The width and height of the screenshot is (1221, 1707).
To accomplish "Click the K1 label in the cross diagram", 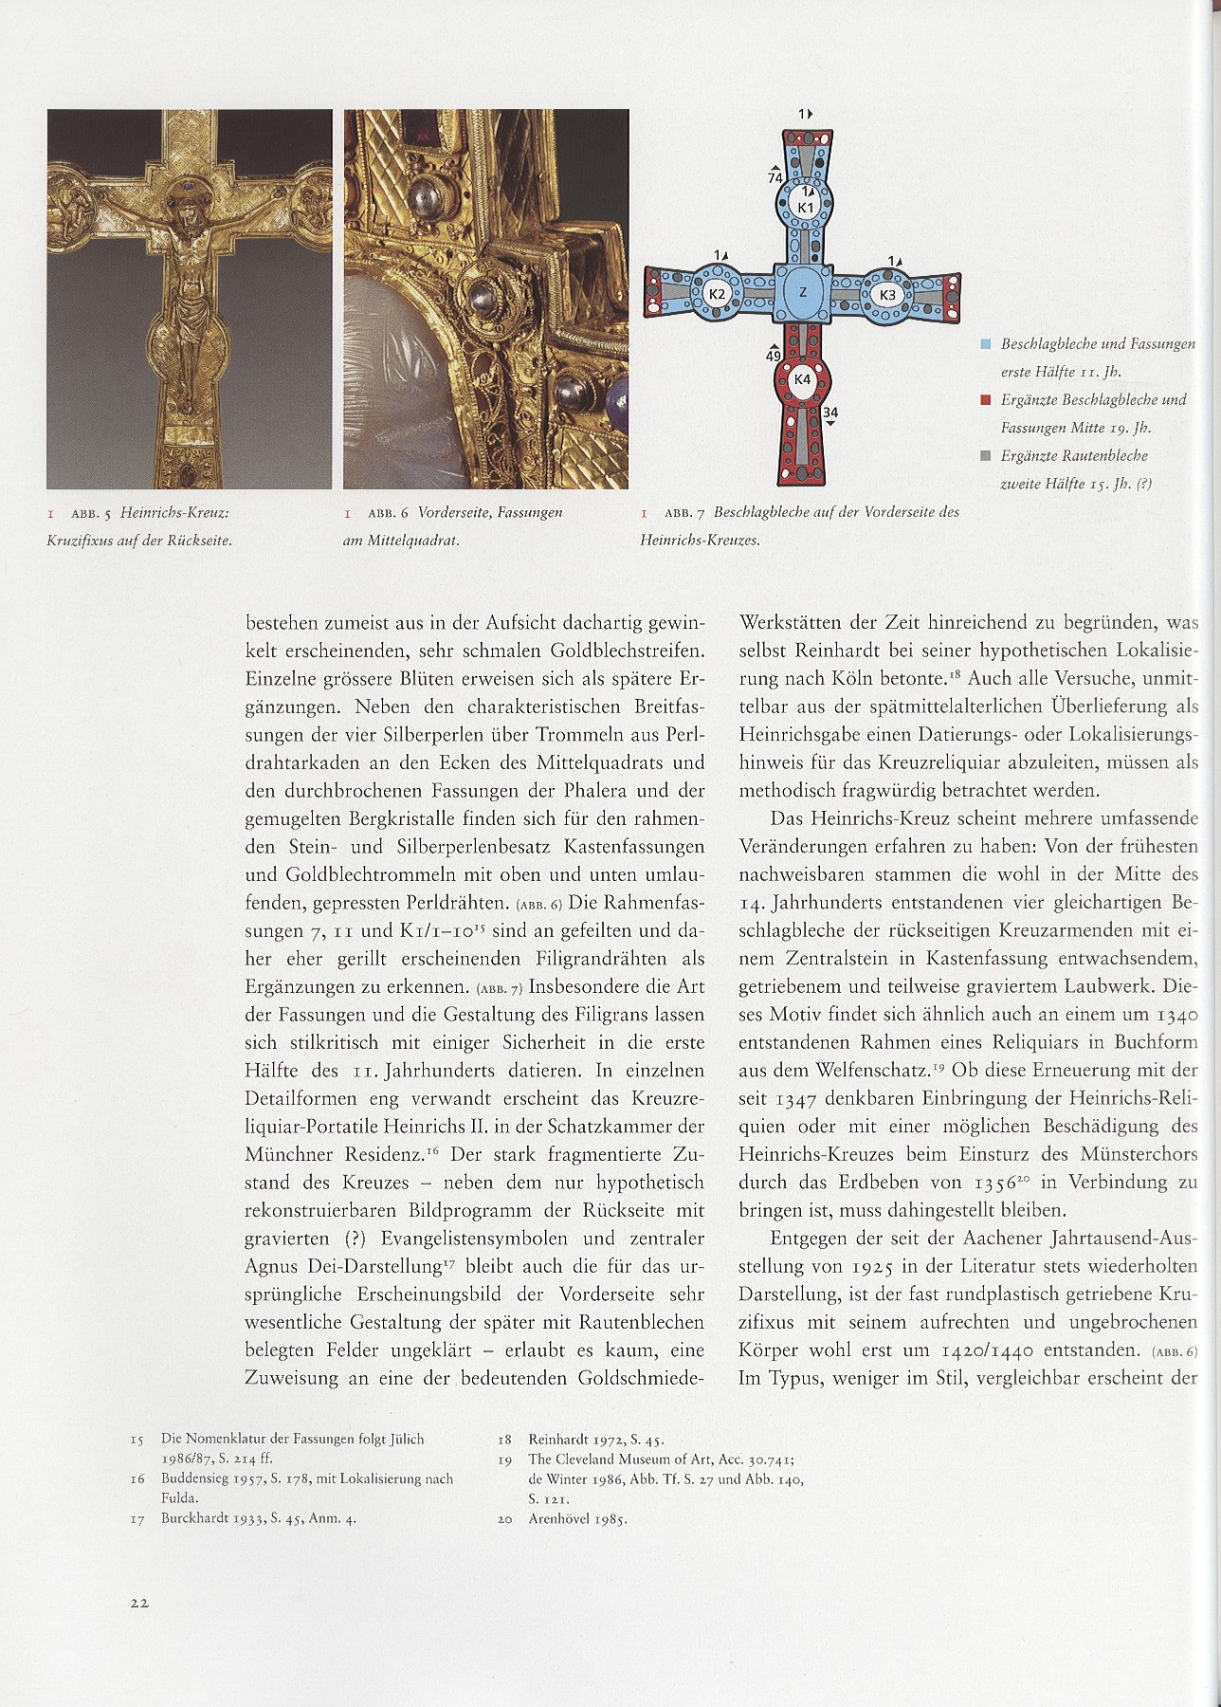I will pos(805,207).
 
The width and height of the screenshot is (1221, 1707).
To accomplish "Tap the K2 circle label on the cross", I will pos(718,294).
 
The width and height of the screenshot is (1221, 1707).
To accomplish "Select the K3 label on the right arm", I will pos(887,295).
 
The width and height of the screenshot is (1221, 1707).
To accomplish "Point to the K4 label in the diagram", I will pos(803,379).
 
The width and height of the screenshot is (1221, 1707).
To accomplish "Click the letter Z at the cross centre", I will pos(803,292).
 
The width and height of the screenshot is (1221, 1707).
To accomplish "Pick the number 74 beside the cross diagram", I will pos(775,177).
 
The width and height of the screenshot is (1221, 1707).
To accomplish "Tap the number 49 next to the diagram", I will pos(774,356).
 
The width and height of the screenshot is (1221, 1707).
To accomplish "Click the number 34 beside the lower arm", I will pos(829,413).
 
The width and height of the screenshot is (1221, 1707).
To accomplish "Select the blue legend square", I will pos(986,343).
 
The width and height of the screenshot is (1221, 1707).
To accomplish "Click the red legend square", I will pos(986,399).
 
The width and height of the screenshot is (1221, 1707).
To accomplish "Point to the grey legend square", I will pos(986,456).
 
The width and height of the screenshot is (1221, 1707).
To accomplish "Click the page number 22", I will pos(140,1602).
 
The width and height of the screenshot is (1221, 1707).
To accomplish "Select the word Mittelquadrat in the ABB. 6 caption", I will pos(407,541).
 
